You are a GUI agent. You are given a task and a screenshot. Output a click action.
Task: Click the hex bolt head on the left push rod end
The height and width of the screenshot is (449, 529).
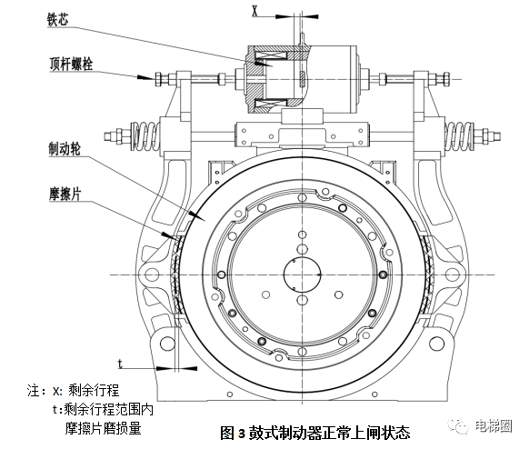pyautogui.click(x=161, y=81)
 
